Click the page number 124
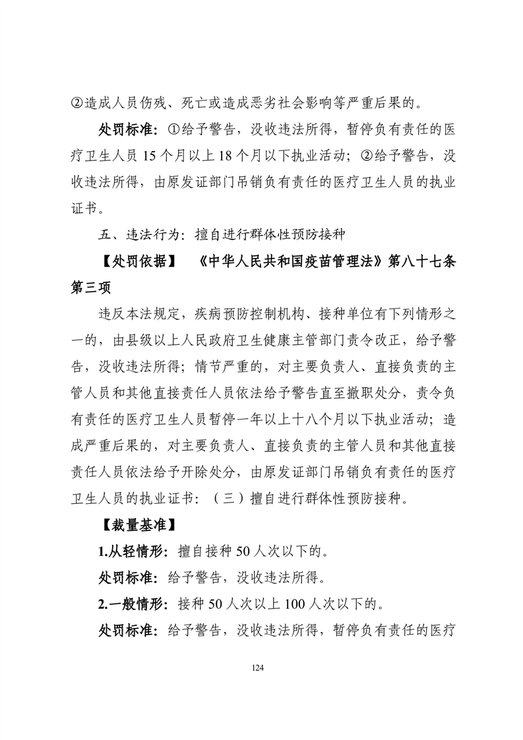(258, 668)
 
